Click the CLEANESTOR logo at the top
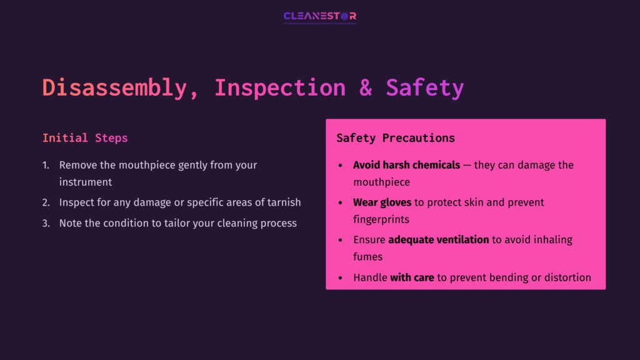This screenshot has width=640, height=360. [x=319, y=17]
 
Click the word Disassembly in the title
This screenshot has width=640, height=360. [x=114, y=88]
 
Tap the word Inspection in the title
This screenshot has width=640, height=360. [x=279, y=88]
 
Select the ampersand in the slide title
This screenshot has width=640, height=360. [x=366, y=88]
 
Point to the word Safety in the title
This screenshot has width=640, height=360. [x=424, y=88]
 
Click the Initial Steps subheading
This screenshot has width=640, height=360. [x=85, y=138]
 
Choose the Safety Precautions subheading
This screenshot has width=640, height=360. [x=396, y=138]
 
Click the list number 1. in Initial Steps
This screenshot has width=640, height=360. [x=46, y=165]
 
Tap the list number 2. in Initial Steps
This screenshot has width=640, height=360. [x=46, y=202]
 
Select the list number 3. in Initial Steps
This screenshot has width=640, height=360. [x=46, y=223]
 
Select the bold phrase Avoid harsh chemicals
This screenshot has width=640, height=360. [x=407, y=165]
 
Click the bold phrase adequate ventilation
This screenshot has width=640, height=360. [x=438, y=239]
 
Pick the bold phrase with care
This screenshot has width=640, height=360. [x=412, y=277]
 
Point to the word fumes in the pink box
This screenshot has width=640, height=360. [x=367, y=256]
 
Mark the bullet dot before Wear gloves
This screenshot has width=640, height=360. [x=340, y=203]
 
